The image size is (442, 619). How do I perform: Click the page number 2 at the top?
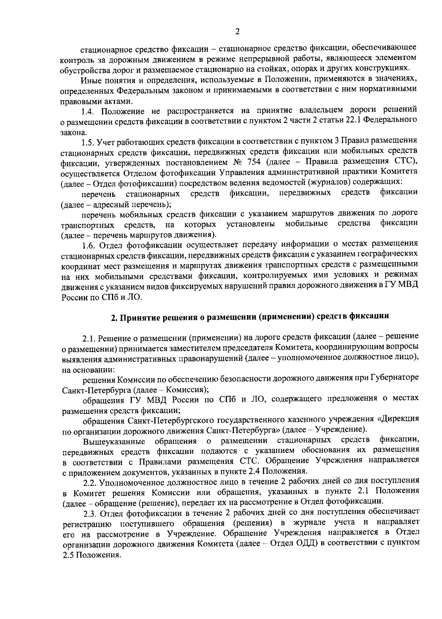pos(237,32)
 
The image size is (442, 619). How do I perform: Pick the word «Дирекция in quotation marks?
pos(399,419)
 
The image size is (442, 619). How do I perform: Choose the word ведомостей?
pos(285,182)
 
